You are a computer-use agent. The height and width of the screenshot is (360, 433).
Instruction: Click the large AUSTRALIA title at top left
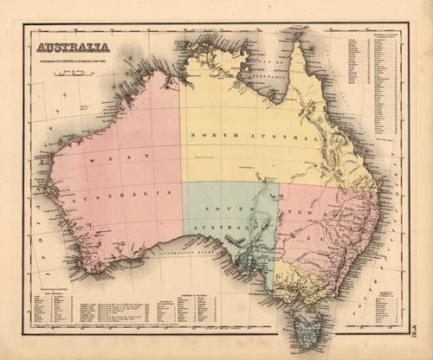click(73, 47)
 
